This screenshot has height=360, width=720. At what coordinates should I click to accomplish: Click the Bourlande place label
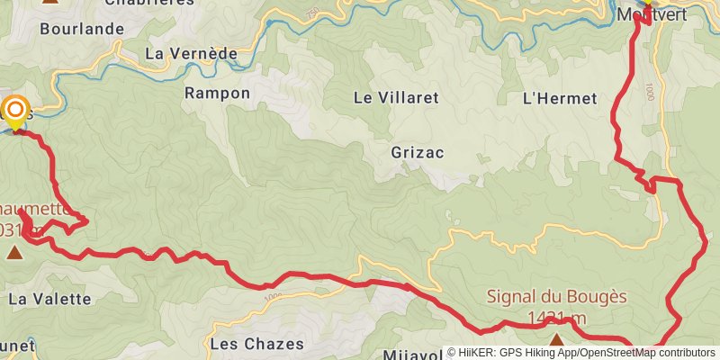(82, 29)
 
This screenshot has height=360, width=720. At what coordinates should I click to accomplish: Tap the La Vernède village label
(191, 54)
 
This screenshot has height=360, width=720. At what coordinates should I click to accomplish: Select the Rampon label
(217, 93)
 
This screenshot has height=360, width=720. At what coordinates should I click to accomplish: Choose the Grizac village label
(418, 152)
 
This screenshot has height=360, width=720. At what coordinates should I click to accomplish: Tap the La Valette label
(50, 298)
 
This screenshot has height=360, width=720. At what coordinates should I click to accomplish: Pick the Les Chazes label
(251, 343)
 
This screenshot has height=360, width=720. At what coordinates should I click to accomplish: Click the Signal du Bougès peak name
(556, 296)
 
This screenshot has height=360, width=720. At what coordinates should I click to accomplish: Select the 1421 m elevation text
(556, 317)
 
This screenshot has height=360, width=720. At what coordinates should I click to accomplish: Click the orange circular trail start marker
(15, 112)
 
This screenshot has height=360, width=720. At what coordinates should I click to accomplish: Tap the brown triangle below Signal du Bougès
(557, 340)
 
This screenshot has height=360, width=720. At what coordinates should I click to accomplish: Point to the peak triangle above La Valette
(14, 252)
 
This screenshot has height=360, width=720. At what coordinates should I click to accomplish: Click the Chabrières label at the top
(149, 3)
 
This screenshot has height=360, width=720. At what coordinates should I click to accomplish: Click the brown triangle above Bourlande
(50, 2)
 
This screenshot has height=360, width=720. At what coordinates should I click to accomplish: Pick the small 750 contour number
(312, 13)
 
